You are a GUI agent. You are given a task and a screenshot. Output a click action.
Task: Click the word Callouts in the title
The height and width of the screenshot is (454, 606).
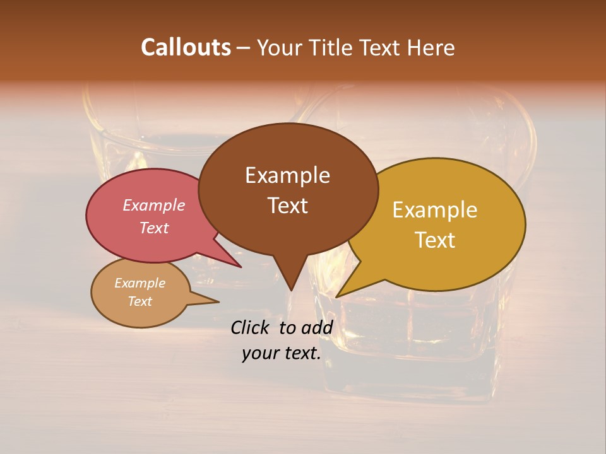point(186,47)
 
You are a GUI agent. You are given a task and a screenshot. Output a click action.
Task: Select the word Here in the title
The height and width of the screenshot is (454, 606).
point(431,48)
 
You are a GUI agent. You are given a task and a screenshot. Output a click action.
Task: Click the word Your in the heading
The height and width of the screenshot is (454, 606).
point(278,48)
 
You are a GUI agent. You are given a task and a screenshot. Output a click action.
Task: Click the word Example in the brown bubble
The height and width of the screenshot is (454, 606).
point(287,175)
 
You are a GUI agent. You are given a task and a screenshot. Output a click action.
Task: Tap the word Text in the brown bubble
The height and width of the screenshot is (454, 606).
point(287,206)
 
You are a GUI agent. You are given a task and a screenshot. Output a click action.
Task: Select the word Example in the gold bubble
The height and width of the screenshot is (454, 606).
point(435,210)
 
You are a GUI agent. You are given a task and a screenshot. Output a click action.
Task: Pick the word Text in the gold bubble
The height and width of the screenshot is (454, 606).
point(435,240)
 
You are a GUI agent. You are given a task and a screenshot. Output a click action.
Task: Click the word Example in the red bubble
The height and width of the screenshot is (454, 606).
point(154,206)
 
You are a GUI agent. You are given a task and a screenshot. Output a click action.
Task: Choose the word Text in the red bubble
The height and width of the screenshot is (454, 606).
point(154,228)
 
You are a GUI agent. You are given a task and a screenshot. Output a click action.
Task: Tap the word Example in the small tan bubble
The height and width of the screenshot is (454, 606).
point(140,283)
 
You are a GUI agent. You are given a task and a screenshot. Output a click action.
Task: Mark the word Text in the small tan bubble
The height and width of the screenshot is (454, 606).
point(140,301)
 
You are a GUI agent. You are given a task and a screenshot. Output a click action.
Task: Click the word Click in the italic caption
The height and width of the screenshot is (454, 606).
point(251,328)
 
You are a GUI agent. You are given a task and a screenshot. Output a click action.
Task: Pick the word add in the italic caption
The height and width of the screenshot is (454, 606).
point(317,328)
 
